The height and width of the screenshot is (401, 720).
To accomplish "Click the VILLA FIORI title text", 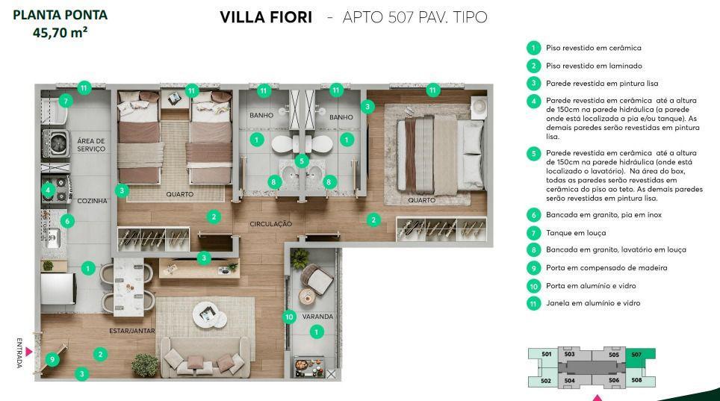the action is (266, 17).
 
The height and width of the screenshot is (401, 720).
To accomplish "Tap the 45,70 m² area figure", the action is (60, 33).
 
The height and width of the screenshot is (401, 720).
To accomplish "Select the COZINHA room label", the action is (92, 201).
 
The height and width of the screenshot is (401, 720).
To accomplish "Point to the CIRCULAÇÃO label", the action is (271, 224).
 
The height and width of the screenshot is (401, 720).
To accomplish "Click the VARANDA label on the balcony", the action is (317, 317).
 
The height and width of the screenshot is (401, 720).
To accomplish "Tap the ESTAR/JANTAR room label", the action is (131, 331).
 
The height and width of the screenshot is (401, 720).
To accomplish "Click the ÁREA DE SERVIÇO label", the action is (91, 145).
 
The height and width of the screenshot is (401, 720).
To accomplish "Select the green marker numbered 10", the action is (289, 317).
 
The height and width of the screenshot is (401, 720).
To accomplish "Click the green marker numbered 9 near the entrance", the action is (52, 359).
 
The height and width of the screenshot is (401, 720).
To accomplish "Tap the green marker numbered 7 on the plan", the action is (66, 101).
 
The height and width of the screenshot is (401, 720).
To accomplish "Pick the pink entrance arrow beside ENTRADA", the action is (29, 352).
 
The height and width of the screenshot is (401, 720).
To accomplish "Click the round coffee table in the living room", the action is (209, 314).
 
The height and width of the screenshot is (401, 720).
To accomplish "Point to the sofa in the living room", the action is (205, 358).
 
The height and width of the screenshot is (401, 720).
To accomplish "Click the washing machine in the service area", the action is (56, 144).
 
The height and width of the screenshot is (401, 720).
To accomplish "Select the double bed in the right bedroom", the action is (440, 155).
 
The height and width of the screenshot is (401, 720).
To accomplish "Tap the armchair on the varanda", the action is (317, 279).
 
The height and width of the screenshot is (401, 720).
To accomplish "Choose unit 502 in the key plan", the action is (545, 380).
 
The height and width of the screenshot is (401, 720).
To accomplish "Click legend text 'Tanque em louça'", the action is (576, 233).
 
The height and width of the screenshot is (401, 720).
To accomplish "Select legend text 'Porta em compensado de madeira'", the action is (606, 268).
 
